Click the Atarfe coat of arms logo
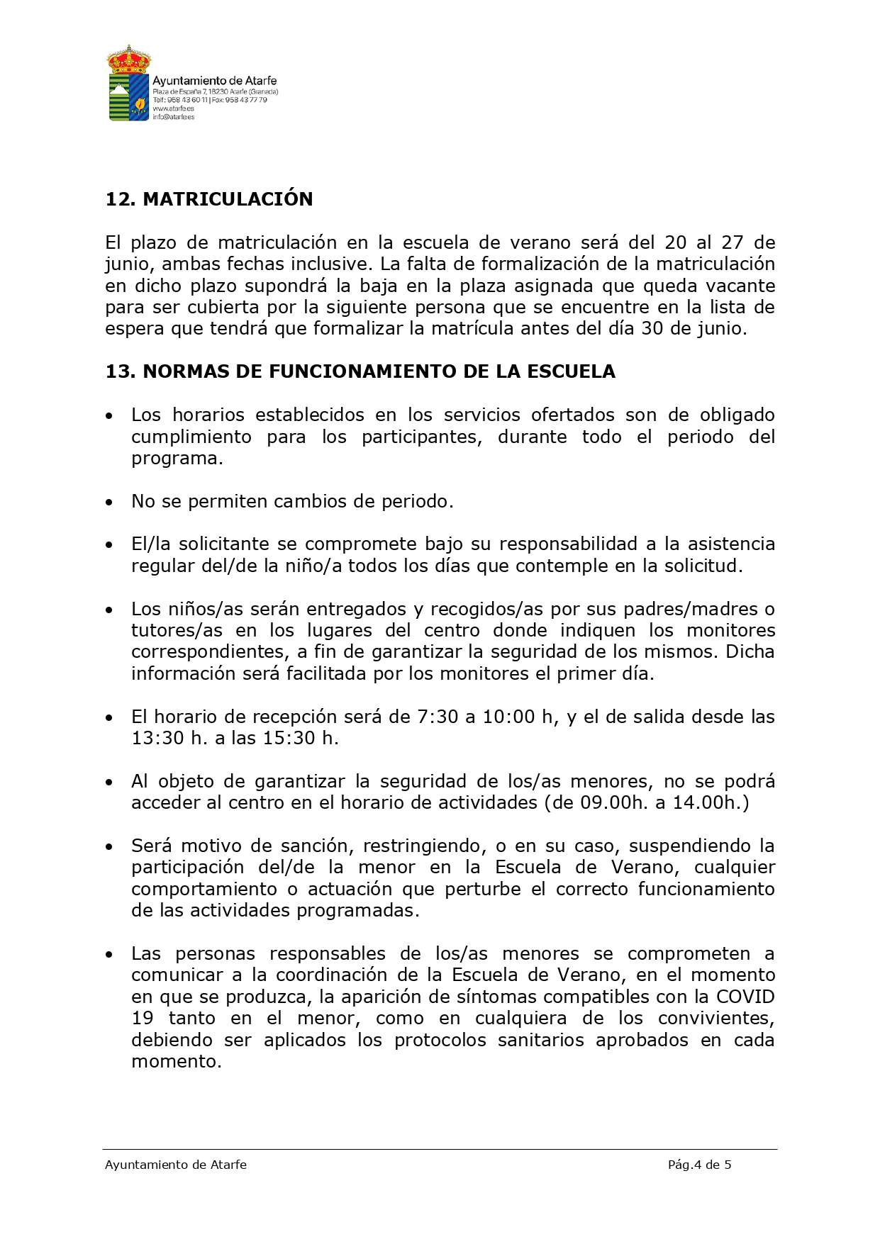[128, 83]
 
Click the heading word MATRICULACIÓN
[228, 199]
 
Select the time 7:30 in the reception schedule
[438, 717]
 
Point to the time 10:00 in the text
[508, 717]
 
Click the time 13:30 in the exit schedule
[157, 738]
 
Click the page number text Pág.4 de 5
[699, 1165]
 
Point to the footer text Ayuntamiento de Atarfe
[176, 1165]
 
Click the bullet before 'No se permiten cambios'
[108, 502]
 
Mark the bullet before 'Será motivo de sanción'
[108, 846]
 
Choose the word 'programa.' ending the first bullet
[177, 459]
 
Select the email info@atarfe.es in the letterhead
[173, 117]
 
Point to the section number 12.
[120, 199]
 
